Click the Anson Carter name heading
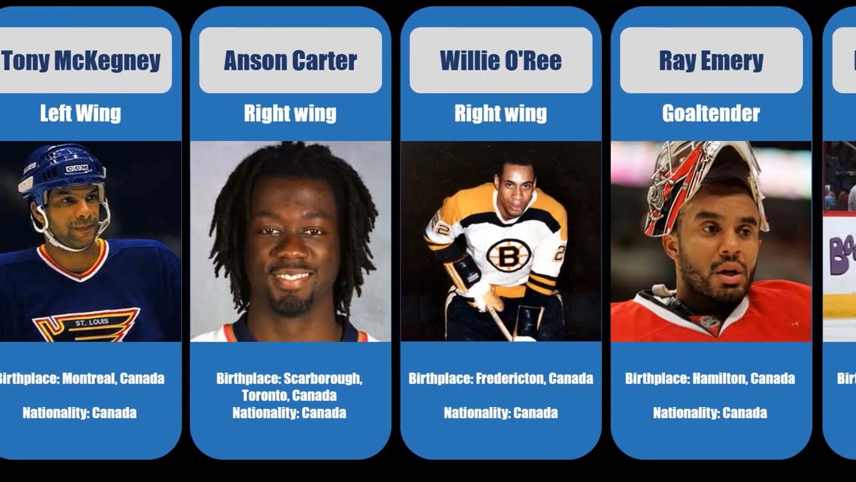point(290,61)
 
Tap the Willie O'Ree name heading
point(500,61)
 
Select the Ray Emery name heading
point(711,61)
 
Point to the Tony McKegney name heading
point(81,61)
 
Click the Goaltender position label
point(711,114)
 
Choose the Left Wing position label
point(80,113)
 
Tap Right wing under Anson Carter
point(290,114)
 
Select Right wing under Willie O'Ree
point(500,114)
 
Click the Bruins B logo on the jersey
point(508,255)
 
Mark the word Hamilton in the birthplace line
point(720,379)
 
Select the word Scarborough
point(322,379)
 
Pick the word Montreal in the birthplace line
point(88,379)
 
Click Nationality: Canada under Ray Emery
point(710,413)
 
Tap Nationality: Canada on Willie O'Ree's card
point(500,413)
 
